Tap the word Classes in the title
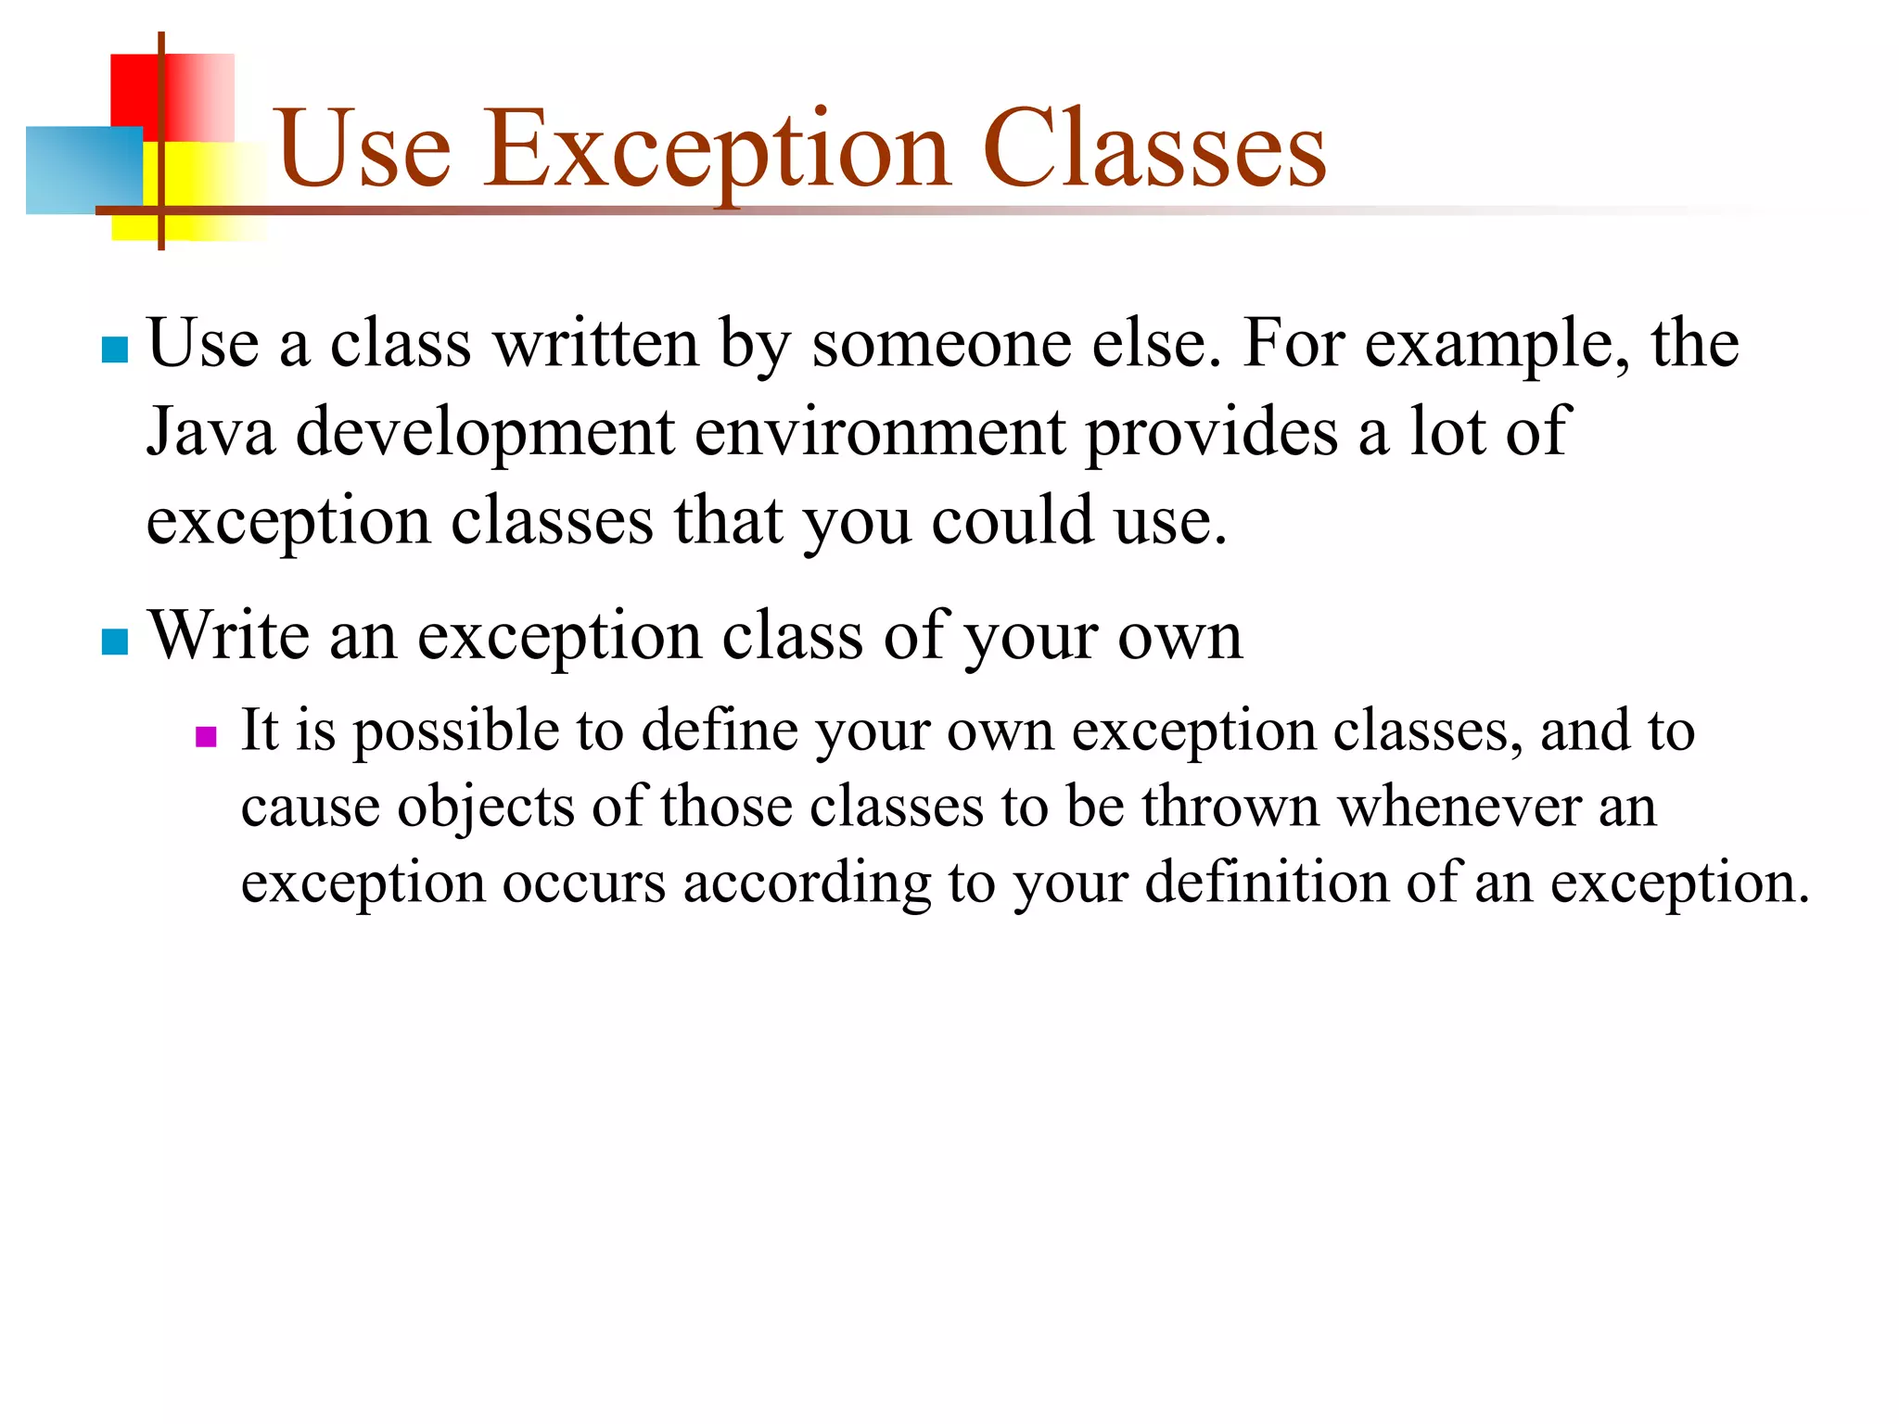(1153, 148)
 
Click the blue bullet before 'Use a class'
(115, 350)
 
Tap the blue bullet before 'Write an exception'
(115, 642)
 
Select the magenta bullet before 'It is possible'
(206, 737)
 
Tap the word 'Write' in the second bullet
(229, 636)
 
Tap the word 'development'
(485, 432)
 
